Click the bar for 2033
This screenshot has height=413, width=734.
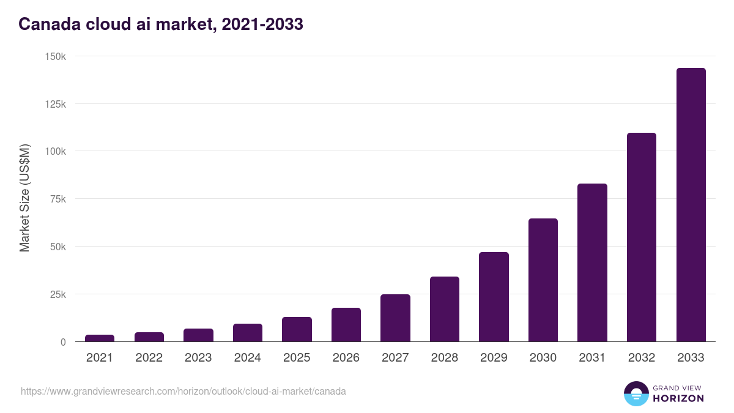coord(691,205)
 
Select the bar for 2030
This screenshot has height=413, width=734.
coord(543,280)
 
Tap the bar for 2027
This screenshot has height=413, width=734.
coord(395,318)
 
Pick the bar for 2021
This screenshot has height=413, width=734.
coord(100,338)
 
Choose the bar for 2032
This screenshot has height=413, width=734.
coord(641,237)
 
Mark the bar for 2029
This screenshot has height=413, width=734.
coord(494,297)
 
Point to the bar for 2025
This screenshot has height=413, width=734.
coord(297,329)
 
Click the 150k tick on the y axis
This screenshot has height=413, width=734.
coord(55,56)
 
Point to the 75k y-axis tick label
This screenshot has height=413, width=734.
coord(57,199)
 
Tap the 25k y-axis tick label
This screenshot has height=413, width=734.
coord(57,294)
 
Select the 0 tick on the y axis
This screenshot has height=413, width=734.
coord(63,342)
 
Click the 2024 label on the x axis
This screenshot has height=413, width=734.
coord(247,358)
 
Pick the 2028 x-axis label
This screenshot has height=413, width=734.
coord(444,358)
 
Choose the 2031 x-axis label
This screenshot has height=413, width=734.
coord(592,358)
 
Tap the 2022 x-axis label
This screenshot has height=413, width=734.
coord(149,358)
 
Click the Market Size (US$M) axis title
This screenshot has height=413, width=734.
coord(24,198)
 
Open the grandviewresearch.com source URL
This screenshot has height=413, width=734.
coord(183,391)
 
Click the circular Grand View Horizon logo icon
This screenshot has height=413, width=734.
coord(636,393)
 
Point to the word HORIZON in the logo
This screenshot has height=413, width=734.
coord(678,398)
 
